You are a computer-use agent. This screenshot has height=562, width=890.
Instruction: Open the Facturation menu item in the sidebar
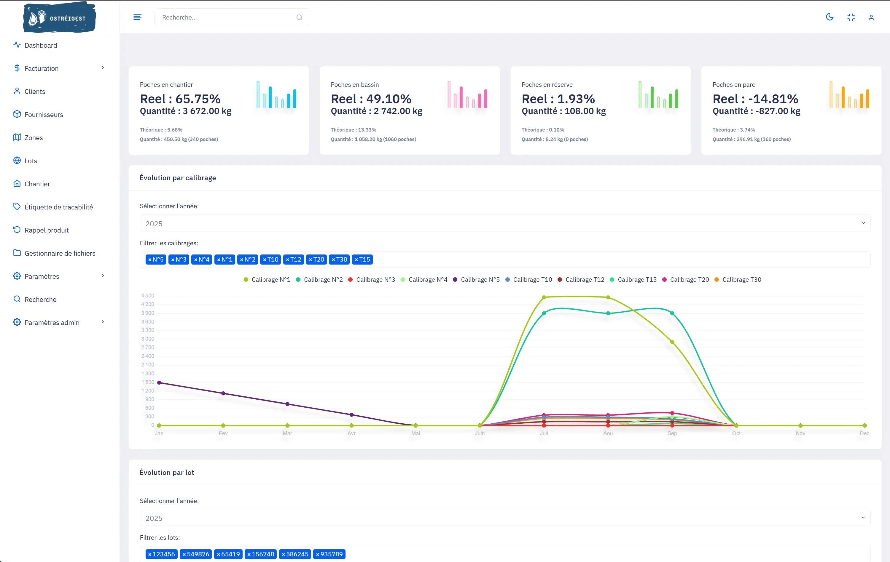[42, 68]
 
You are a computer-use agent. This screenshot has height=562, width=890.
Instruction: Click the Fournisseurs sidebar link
[44, 114]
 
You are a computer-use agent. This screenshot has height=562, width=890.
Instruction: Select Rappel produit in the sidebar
[47, 230]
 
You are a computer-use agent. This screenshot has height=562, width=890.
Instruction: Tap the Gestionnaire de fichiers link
[60, 253]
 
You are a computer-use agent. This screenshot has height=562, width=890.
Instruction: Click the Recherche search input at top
[232, 17]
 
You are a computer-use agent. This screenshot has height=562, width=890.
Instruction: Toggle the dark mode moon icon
[830, 17]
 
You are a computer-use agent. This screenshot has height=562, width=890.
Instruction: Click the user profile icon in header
[871, 17]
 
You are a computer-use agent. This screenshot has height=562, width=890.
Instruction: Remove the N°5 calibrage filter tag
[150, 260]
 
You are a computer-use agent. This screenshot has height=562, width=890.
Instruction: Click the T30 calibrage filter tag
[339, 260]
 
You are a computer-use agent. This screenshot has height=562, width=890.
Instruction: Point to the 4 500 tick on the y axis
[147, 295]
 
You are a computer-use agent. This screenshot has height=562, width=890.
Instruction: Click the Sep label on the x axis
[672, 433]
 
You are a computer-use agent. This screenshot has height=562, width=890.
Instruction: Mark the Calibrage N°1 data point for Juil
[544, 297]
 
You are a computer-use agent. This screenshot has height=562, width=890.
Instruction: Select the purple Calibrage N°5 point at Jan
[159, 382]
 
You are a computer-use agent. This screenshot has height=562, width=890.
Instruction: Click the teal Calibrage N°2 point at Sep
[672, 313]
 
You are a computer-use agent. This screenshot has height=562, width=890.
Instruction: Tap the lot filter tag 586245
[295, 554]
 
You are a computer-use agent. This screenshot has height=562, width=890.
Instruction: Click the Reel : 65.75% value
[180, 99]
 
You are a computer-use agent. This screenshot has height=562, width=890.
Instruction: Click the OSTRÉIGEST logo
[60, 17]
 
